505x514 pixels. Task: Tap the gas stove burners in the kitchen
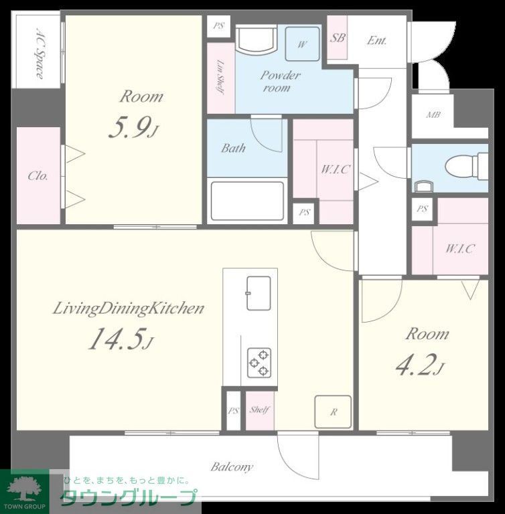click(x=259, y=363)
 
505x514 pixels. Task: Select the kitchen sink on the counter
click(x=259, y=293)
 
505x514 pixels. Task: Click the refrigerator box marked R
click(x=333, y=412)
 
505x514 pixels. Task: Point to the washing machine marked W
click(x=302, y=44)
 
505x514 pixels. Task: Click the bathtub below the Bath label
click(x=247, y=201)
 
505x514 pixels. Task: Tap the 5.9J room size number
click(x=133, y=128)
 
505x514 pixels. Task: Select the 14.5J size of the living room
click(x=121, y=339)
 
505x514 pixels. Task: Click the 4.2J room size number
click(x=420, y=365)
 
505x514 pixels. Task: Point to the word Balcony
click(x=232, y=466)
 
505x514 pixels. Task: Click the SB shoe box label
click(x=338, y=38)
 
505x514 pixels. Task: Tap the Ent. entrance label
click(x=376, y=40)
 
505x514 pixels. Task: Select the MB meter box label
click(x=433, y=114)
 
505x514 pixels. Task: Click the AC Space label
click(x=40, y=54)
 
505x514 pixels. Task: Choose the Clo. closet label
click(x=38, y=176)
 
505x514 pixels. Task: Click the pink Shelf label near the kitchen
click(x=260, y=410)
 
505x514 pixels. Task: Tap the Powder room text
click(x=280, y=82)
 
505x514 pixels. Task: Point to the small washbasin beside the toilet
click(x=424, y=186)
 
